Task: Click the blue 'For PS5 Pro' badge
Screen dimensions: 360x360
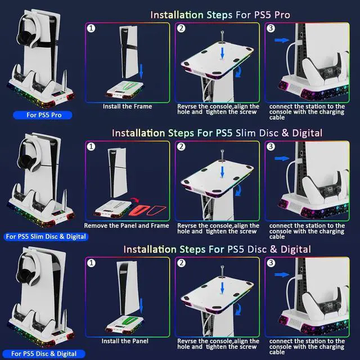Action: click(x=43, y=115)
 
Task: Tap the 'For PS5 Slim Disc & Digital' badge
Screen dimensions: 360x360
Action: click(x=46, y=237)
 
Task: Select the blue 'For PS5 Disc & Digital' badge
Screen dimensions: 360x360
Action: click(x=44, y=354)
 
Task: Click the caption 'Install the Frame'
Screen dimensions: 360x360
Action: click(x=128, y=106)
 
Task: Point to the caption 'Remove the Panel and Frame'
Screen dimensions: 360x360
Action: click(x=127, y=226)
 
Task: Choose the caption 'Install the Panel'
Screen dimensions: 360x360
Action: click(x=125, y=341)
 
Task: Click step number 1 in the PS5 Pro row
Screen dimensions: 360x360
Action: click(x=91, y=28)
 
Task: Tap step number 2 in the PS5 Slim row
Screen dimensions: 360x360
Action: click(x=181, y=146)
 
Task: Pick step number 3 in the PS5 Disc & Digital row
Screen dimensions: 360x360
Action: click(x=271, y=263)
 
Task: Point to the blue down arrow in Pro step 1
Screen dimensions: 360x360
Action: click(x=141, y=71)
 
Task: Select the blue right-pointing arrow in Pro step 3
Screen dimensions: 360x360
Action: click(x=282, y=40)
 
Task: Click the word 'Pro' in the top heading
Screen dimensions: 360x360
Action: click(x=282, y=15)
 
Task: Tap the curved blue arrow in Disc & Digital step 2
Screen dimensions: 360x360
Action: click(x=239, y=309)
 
